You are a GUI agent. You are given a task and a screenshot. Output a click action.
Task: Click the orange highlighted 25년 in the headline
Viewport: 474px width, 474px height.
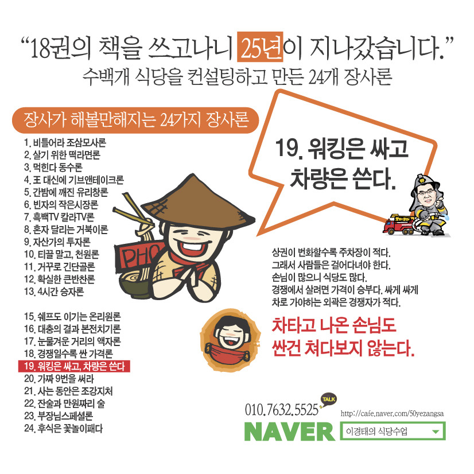click(x=260, y=46)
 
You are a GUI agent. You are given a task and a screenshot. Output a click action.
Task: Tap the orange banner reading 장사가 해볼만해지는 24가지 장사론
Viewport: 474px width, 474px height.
click(x=135, y=121)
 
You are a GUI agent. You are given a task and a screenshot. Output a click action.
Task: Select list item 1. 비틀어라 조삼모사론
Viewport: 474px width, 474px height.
click(x=65, y=142)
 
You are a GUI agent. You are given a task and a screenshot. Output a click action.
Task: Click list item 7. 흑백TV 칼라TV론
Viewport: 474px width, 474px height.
click(x=59, y=217)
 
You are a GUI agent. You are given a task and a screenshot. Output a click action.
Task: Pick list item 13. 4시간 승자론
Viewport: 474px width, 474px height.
click(x=54, y=292)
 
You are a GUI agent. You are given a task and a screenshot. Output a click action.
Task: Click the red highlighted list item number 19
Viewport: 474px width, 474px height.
click(x=75, y=366)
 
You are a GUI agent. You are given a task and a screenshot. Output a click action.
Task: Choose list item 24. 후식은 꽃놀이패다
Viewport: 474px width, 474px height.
click(x=63, y=428)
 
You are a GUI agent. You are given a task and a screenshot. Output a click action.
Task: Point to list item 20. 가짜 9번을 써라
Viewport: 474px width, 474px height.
click(x=59, y=379)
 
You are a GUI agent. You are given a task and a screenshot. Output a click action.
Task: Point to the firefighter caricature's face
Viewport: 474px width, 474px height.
click(x=426, y=195)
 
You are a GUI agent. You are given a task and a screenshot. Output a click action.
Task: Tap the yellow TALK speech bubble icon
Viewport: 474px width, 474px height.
click(x=329, y=399)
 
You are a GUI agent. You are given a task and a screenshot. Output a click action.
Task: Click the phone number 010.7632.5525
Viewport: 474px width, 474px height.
click(x=281, y=410)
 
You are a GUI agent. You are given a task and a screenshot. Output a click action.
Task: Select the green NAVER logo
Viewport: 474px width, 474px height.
click(x=290, y=431)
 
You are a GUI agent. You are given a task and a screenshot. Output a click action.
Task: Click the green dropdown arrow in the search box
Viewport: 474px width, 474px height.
click(x=436, y=432)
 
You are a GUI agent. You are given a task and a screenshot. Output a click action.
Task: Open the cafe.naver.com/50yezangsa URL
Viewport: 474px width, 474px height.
click(x=392, y=414)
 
